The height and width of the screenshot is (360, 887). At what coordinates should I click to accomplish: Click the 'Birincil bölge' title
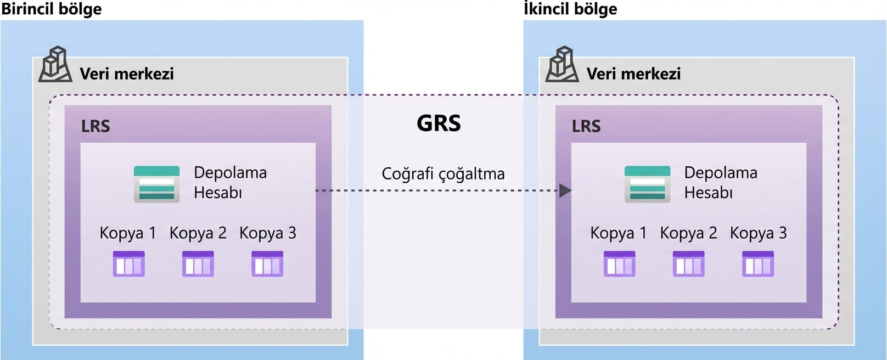pyautogui.click(x=51, y=9)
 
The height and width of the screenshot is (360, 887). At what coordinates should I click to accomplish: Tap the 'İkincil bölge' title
pyautogui.click(x=570, y=9)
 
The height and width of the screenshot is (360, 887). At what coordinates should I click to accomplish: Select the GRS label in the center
pyautogui.click(x=439, y=123)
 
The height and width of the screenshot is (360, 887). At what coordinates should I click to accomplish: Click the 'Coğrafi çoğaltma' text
pyautogui.click(x=443, y=174)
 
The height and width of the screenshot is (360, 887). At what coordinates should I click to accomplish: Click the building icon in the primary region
pyautogui.click(x=55, y=65)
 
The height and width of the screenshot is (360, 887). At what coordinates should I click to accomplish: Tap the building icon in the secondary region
pyautogui.click(x=562, y=65)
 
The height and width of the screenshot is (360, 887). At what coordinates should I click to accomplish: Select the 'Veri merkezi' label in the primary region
pyautogui.click(x=127, y=74)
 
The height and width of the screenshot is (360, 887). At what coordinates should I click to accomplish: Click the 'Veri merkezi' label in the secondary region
pyautogui.click(x=633, y=74)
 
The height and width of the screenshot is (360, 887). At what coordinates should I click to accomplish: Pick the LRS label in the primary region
pyautogui.click(x=96, y=126)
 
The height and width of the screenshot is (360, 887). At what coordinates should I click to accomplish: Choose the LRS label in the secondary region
pyautogui.click(x=586, y=126)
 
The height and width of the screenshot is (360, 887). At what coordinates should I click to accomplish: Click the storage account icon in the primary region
pyautogui.click(x=156, y=184)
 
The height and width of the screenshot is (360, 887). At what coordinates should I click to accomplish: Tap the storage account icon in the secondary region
pyautogui.click(x=647, y=184)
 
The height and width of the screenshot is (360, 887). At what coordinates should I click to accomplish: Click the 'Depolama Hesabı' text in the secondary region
pyautogui.click(x=720, y=182)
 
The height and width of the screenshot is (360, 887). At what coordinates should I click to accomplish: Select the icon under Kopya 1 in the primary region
pyautogui.click(x=128, y=263)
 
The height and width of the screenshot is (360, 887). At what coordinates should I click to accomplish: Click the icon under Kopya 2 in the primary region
pyautogui.click(x=198, y=263)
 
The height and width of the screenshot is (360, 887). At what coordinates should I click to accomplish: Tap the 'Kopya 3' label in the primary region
pyautogui.click(x=267, y=233)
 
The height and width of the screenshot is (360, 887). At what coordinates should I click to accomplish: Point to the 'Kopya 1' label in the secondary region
pyautogui.click(x=618, y=233)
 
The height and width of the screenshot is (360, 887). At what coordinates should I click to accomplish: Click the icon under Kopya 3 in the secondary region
pyautogui.click(x=757, y=263)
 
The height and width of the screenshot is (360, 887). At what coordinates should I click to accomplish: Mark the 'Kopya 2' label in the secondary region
pyautogui.click(x=688, y=233)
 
